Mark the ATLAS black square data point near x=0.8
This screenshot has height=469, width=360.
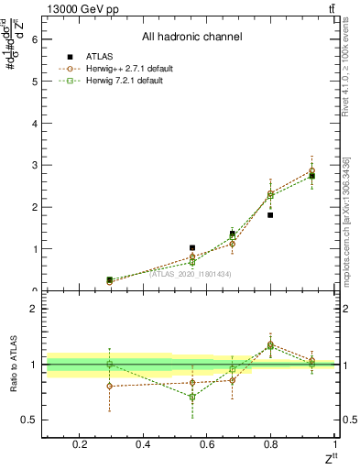pos(270,215)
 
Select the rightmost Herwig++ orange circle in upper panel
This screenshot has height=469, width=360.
pos(311,170)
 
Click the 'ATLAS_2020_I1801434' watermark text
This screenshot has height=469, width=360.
pos(190,274)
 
